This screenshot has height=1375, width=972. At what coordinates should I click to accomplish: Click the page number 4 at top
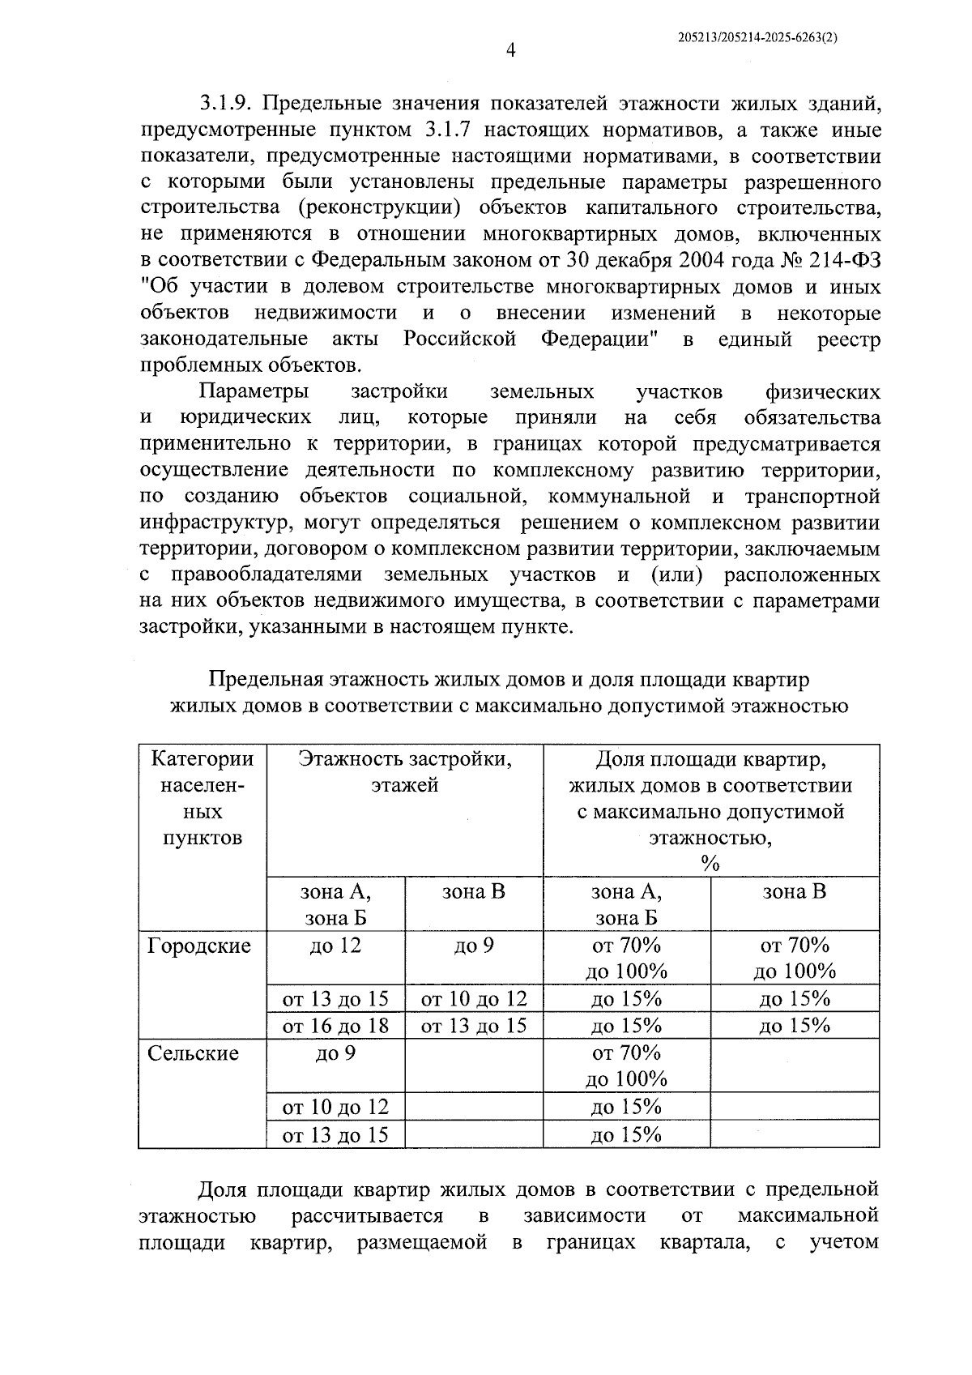pos(509,50)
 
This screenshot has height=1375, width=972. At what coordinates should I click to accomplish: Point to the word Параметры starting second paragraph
pos(254,392)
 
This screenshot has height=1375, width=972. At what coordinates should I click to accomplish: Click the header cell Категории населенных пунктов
pos(202,798)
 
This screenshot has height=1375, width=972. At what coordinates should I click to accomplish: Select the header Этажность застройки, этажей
pos(405,772)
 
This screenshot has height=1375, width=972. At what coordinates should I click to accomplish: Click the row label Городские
pos(199,946)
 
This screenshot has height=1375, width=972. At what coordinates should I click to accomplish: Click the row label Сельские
pos(194,1053)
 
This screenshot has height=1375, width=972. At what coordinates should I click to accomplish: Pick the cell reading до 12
pos(335,946)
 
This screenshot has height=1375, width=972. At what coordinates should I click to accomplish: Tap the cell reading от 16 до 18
pos(335,1026)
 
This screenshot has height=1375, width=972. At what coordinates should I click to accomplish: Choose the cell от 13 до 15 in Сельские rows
pos(335,1135)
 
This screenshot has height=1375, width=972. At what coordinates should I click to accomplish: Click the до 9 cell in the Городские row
pos(474,946)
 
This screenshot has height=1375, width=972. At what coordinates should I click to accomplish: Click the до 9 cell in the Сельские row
pos(335,1053)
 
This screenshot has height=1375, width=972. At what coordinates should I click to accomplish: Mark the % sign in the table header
pos(710,865)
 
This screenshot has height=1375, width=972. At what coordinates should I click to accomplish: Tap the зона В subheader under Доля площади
pos(795,892)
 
